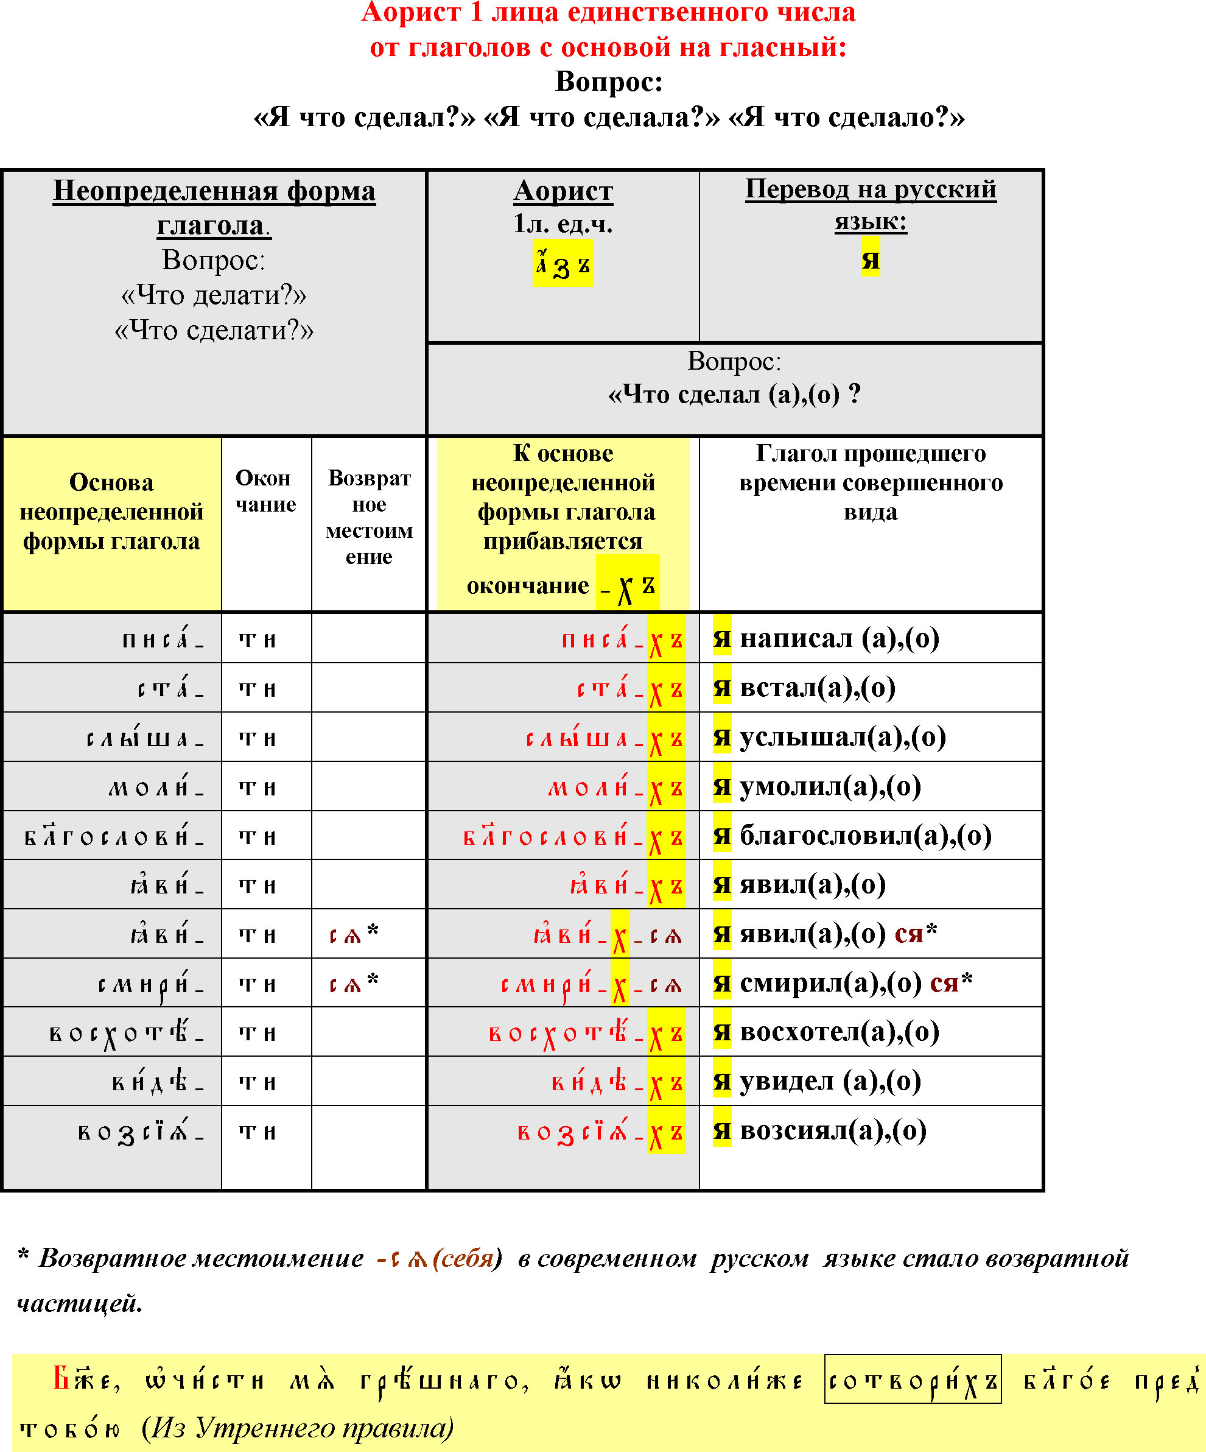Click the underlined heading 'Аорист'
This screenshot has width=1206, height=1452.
(563, 191)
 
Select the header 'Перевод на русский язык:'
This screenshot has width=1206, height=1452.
(870, 205)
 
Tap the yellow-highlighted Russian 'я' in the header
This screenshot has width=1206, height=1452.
(870, 259)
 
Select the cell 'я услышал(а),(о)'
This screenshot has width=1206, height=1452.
(829, 737)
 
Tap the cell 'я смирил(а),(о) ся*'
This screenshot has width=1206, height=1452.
(843, 982)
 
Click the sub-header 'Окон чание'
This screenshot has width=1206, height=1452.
(265, 491)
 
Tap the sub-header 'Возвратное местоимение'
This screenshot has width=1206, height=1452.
(369, 517)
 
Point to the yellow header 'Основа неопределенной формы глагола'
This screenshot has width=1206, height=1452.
(111, 512)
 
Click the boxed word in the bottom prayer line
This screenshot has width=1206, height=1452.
(913, 1381)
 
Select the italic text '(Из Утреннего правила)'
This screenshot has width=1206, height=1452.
(297, 1427)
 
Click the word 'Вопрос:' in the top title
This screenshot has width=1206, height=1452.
(609, 82)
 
